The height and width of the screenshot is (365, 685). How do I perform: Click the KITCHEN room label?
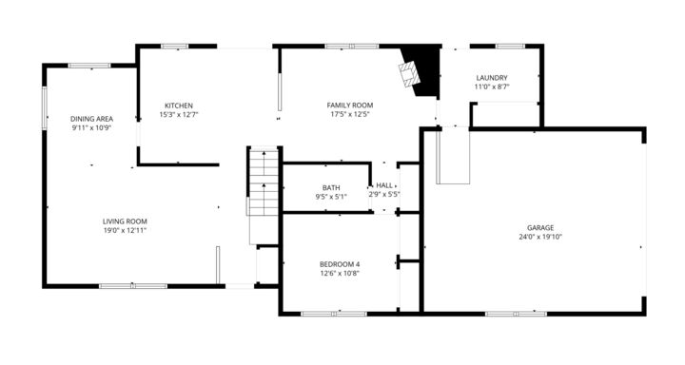179,106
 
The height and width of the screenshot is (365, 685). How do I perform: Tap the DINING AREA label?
91,119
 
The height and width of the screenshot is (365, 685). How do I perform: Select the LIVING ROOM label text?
125,221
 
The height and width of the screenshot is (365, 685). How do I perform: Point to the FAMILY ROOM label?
349,106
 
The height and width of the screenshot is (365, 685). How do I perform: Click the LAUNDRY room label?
492,78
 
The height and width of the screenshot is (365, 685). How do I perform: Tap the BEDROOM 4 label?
339,263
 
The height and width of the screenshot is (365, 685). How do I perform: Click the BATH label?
331,187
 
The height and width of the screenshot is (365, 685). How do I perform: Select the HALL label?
384,185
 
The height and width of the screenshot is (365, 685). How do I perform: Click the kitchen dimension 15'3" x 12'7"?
179,114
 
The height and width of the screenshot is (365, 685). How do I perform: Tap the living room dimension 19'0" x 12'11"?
125,229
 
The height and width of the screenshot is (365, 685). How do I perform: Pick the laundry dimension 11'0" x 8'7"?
492,86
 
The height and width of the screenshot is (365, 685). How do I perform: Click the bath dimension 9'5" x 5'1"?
331,197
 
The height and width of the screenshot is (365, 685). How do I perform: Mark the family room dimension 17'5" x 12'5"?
349,114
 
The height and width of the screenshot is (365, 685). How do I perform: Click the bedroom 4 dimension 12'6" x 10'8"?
339,273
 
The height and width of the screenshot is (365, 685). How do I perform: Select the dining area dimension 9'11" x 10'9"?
91,127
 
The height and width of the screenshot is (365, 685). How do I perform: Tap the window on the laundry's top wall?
510,46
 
